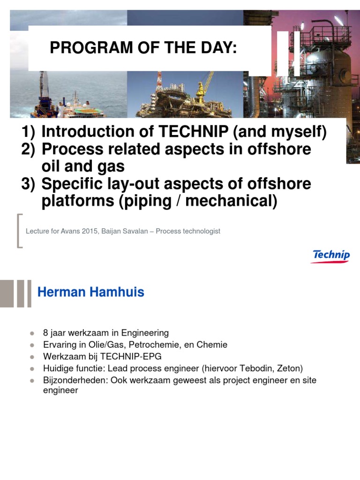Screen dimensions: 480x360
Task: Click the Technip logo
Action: [x=331, y=256]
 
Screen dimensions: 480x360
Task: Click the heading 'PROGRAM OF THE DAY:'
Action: [x=143, y=47]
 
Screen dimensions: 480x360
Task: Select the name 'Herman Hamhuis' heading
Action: [x=90, y=292]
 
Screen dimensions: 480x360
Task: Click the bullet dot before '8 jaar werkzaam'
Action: [x=32, y=333]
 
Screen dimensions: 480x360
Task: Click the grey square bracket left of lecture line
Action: [x=20, y=230]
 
